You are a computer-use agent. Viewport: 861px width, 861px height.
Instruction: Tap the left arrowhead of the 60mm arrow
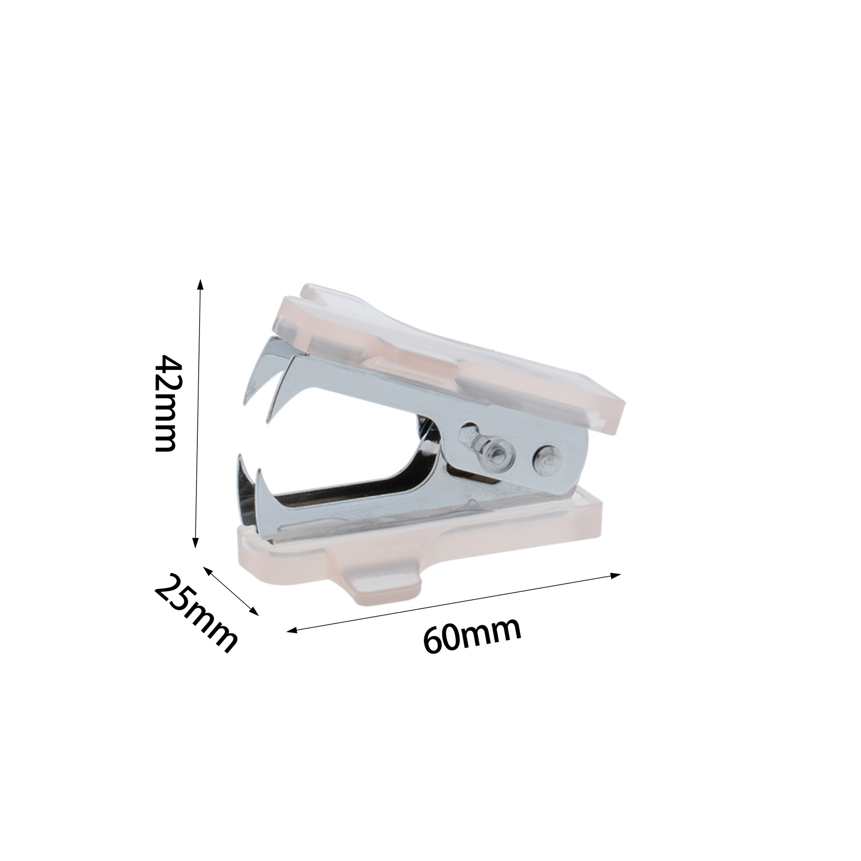coord(292,631)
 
